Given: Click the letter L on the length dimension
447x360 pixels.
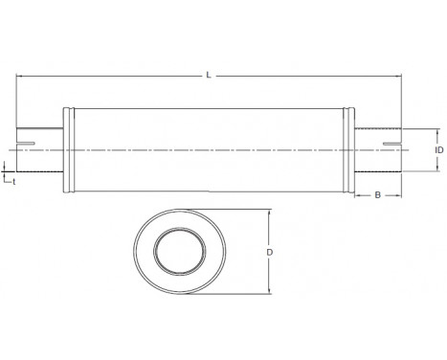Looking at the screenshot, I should click(x=210, y=72).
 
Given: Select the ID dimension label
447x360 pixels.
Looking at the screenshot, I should click(x=437, y=150).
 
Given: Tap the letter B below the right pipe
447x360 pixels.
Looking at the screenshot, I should click(x=378, y=195).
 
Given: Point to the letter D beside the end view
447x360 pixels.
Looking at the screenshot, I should click(x=271, y=252).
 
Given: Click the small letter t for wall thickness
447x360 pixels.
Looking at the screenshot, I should click(x=12, y=178).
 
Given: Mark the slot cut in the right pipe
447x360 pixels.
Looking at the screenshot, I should click(x=391, y=145).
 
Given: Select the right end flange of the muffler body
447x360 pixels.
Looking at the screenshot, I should click(x=352, y=148).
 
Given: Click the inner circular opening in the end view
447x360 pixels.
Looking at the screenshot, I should click(x=179, y=252).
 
